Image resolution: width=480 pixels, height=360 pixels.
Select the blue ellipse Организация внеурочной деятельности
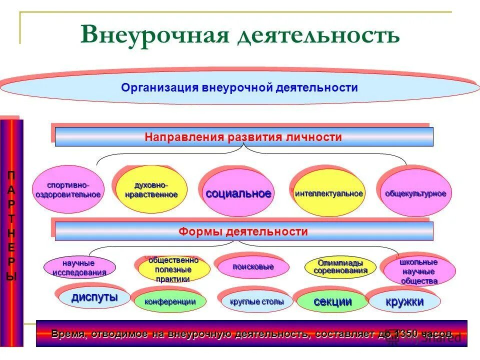click(x=239, y=88)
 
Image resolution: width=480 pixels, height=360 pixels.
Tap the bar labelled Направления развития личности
click(x=243, y=137)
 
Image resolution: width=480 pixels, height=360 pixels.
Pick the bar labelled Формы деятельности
click(x=243, y=232)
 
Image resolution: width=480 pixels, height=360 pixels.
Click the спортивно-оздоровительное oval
click(x=68, y=189)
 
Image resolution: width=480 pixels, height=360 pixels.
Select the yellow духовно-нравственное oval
click(x=151, y=190)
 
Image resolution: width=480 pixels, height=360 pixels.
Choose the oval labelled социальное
click(x=238, y=193)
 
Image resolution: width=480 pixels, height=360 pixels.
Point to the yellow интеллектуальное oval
click(x=328, y=193)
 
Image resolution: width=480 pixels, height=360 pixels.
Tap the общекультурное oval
click(x=415, y=193)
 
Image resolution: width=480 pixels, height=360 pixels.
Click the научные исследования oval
click(x=79, y=268)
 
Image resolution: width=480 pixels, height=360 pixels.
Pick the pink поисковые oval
click(x=253, y=267)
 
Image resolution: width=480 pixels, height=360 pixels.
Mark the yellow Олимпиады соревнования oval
click(x=340, y=267)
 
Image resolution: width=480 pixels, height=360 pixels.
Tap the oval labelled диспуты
click(x=94, y=298)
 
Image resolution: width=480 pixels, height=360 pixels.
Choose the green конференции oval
click(x=170, y=301)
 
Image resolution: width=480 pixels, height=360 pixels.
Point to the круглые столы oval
click(x=257, y=301)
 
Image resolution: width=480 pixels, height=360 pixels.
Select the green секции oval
click(x=332, y=301)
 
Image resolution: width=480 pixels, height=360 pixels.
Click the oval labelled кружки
click(x=404, y=301)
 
